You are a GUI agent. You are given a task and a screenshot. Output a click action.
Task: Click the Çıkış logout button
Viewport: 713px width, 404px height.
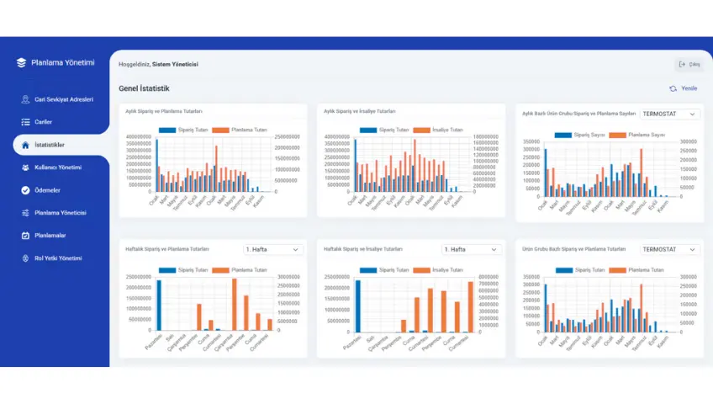pos(689,64)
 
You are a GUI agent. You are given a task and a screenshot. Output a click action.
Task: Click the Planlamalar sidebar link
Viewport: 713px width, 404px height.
pos(50,235)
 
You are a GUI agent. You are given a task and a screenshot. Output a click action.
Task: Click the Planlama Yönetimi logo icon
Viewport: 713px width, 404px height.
pos(22,63)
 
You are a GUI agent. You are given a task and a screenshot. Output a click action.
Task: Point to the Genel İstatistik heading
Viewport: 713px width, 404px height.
pos(145,88)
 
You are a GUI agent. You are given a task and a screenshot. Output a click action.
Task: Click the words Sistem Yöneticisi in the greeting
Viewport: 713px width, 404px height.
pos(175,64)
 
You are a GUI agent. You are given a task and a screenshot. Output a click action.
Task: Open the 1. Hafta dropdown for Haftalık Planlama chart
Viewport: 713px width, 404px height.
pos(273,250)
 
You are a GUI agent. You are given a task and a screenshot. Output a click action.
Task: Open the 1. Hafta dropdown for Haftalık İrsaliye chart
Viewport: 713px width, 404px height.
pos(472,250)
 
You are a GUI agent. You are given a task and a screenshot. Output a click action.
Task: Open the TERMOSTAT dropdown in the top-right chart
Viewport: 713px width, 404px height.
pos(669,114)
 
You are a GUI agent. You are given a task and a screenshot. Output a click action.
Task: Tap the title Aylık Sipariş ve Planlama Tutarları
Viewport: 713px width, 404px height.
pos(163,111)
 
